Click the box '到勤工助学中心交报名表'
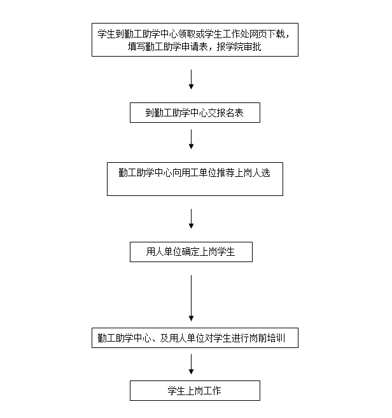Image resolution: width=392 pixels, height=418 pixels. click(x=195, y=113)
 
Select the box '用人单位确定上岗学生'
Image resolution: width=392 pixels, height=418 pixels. click(x=191, y=252)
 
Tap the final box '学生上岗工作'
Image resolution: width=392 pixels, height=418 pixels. click(x=195, y=391)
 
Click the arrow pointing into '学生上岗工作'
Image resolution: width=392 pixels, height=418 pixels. click(x=192, y=365)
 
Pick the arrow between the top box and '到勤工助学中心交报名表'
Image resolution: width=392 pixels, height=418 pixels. click(x=192, y=79)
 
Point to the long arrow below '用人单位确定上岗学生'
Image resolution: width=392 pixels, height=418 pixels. click(x=192, y=298)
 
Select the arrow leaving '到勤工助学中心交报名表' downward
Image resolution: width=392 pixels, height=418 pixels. click(x=192, y=139)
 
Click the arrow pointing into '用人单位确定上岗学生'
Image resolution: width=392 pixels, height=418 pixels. click(x=192, y=218)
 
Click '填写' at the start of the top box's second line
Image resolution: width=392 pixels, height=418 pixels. click(x=136, y=47)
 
